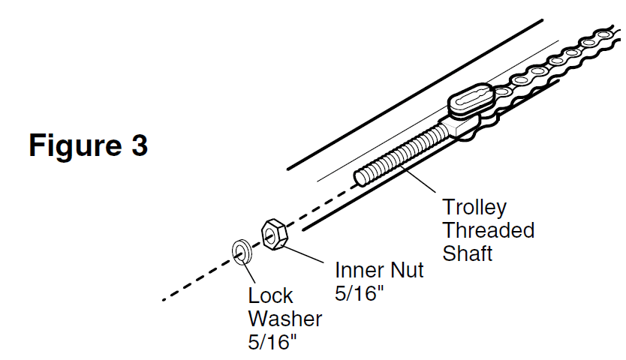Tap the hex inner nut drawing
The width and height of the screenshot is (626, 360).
pyautogui.click(x=272, y=235)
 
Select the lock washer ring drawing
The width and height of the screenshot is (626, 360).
pyautogui.click(x=241, y=251)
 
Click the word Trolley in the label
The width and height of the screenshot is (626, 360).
pyautogui.click(x=474, y=207)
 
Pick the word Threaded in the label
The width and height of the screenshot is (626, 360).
pyautogui.click(x=488, y=229)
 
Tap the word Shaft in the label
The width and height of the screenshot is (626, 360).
pyautogui.click(x=467, y=253)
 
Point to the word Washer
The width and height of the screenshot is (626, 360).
pyautogui.click(x=284, y=319)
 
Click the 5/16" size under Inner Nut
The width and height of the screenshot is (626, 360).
pyautogui.click(x=359, y=292)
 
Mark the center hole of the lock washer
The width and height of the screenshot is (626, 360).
pyautogui.click(x=241, y=251)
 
